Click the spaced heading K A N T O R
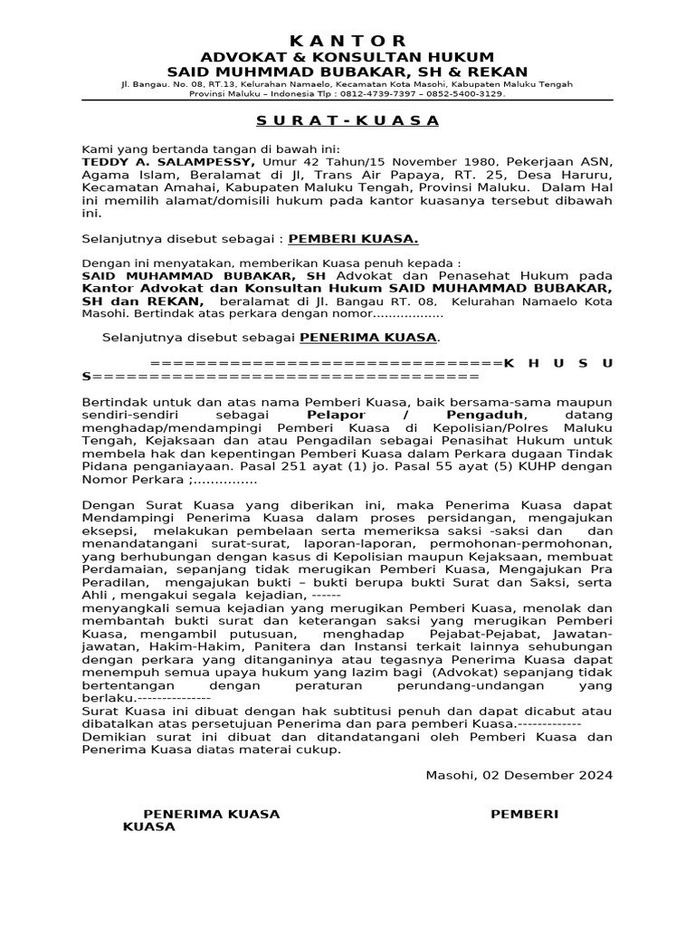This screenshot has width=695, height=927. point(348,42)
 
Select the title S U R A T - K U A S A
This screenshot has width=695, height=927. point(347,120)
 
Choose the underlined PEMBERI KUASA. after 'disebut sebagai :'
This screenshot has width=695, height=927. point(353,240)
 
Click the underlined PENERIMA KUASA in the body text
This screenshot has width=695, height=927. point(368,338)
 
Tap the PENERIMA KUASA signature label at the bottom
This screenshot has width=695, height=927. point(212,815)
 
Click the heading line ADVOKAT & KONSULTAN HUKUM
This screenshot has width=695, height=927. point(347,57)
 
